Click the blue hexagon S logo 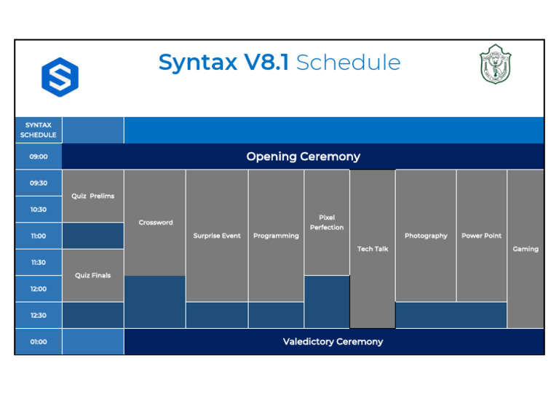[60, 76]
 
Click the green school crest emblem [495, 65]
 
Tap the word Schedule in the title [348, 63]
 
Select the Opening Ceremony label [303, 156]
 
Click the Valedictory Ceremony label [333, 341]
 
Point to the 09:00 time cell [39, 156]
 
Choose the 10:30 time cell [39, 210]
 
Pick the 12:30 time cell [39, 315]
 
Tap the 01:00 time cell [39, 341]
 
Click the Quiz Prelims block [92, 196]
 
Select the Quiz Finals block [92, 276]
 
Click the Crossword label [156, 223]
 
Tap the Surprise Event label [217, 236]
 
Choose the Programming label [276, 236]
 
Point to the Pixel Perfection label [327, 223]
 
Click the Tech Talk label [373, 249]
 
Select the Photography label [426, 236]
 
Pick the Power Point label [481, 236]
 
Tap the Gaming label [526, 249]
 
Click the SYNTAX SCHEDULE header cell [39, 130]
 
